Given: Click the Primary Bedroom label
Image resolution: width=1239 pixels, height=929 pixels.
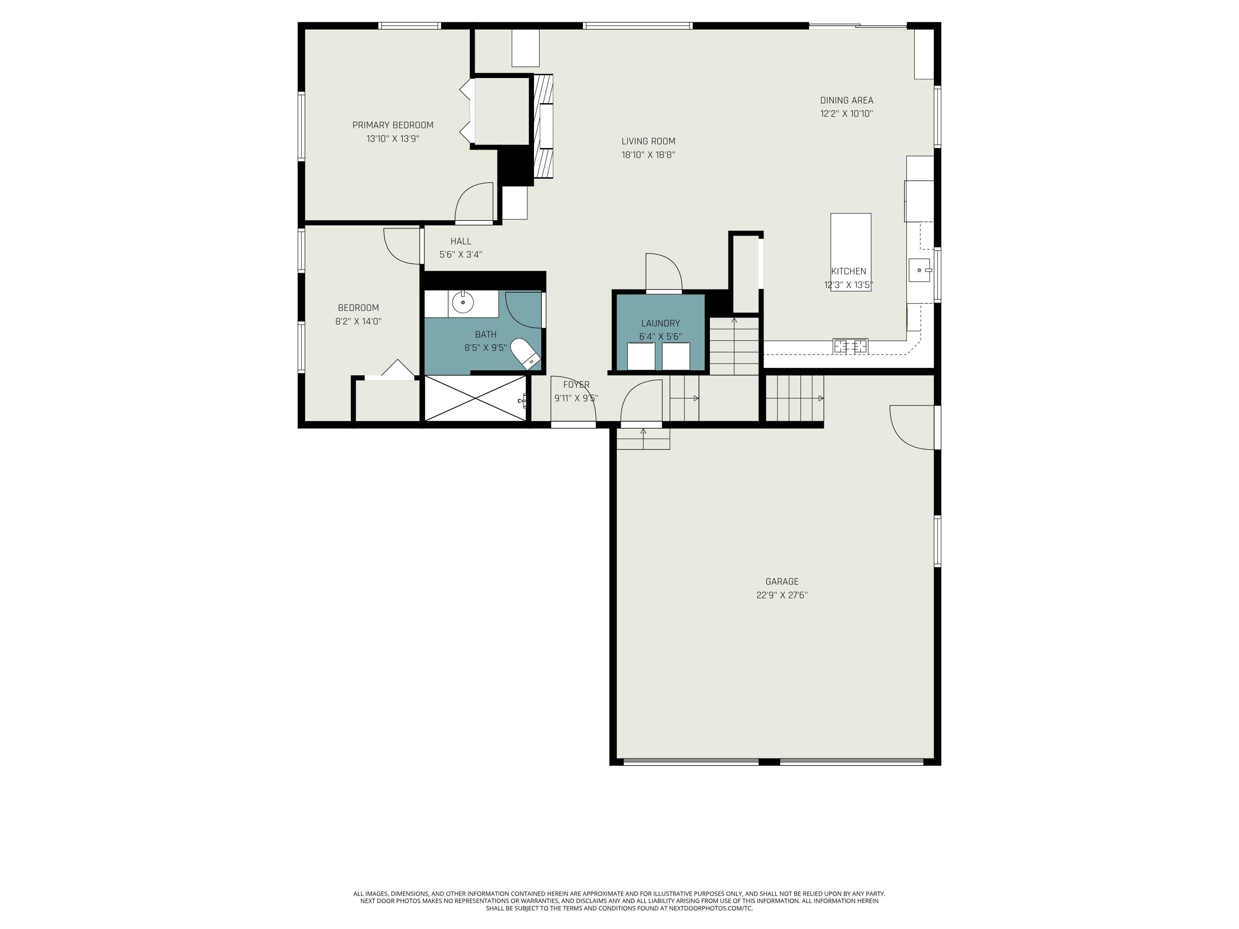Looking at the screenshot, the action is (x=393, y=125).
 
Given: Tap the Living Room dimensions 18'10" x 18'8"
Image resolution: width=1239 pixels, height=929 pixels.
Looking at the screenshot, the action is (x=648, y=154).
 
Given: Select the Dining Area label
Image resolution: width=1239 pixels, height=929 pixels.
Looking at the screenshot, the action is (x=846, y=100).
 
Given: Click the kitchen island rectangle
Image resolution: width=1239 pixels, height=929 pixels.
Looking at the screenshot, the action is (x=850, y=252).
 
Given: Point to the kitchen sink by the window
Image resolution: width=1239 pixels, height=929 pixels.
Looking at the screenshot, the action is (x=919, y=270).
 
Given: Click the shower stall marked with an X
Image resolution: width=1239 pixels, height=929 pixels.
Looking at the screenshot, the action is (x=475, y=398).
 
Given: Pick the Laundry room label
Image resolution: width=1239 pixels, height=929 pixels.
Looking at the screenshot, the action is (x=660, y=323).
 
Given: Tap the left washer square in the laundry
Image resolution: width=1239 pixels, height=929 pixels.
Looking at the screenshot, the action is (x=641, y=356).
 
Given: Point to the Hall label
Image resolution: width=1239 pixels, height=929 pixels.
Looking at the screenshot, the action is (x=460, y=242).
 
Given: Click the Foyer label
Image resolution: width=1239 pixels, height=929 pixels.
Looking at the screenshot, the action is (x=577, y=385).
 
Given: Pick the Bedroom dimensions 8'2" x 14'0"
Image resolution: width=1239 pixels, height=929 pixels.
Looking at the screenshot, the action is (x=358, y=321).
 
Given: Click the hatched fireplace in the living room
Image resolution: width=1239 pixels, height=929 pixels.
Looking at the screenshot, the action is (x=543, y=127).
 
